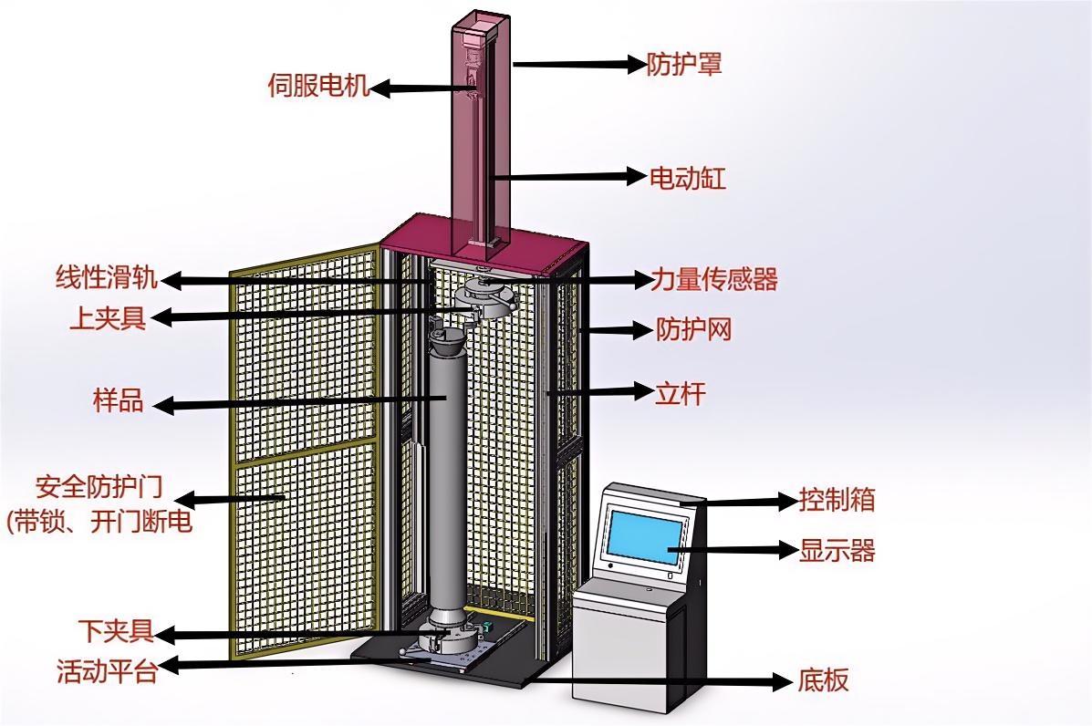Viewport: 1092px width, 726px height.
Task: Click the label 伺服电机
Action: pos(318,87)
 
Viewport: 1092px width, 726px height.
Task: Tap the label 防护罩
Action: pos(684,64)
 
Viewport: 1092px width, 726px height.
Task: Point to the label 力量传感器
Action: pos(714,279)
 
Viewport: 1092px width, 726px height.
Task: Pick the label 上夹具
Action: pos(108,318)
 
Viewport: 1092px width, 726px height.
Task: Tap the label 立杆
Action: pos(681,394)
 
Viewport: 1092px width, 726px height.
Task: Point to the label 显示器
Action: pos(837,551)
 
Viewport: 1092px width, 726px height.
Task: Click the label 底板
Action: pos(823,680)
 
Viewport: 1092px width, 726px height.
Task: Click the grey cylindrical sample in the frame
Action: pos(446,474)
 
